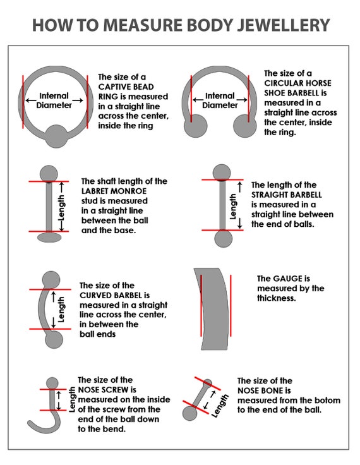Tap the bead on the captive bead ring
[x=56, y=136]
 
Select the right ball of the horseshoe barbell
[x=245, y=126]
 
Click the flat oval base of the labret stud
[x=49, y=238]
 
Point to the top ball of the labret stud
[x=49, y=174]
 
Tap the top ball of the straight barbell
[x=222, y=172]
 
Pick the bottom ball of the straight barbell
[x=224, y=238]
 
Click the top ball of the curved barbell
[x=51, y=280]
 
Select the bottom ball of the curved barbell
[x=54, y=339]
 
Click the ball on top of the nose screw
[x=52, y=383]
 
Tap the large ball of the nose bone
[x=189, y=413]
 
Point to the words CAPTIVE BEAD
[x=126, y=87]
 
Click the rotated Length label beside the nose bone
[x=220, y=406]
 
